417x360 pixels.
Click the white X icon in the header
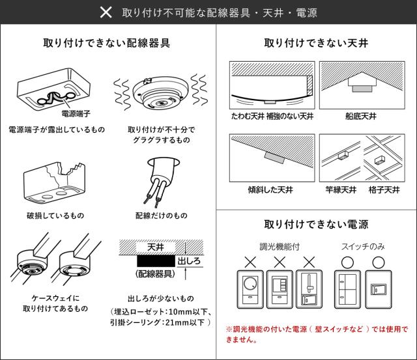pos(106,12)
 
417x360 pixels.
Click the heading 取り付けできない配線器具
pos(106,43)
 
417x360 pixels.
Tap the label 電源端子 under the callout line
pos(76,114)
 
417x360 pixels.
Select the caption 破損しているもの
pos(55,215)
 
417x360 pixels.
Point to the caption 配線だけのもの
pos(162,215)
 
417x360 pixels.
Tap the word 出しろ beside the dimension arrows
pos(189,261)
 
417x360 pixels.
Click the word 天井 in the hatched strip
pos(156,247)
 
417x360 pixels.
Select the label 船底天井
pos(361,116)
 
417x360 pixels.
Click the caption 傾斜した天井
pos(270,189)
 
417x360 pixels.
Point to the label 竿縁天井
pos(341,189)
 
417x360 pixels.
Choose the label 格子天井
pos(384,189)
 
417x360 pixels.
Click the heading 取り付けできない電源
pos(316,224)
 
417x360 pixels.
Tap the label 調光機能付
pos(280,247)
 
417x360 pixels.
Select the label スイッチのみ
pos(363,247)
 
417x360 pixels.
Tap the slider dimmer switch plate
pos(309,290)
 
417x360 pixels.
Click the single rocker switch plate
pos(379,290)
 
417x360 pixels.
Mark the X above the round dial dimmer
pos(250,262)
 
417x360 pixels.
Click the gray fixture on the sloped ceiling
pos(274,158)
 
